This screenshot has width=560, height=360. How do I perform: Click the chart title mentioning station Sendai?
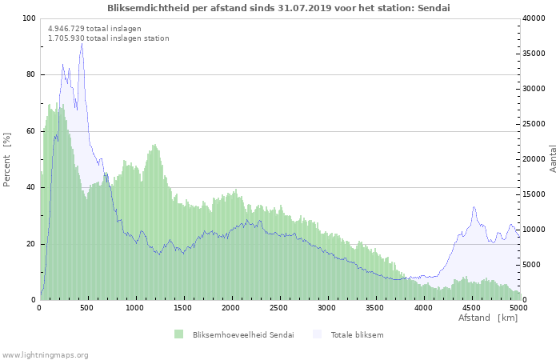tap(278, 8)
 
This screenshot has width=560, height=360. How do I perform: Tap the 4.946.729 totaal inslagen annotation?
tap(94, 29)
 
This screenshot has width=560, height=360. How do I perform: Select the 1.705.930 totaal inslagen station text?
tap(109, 38)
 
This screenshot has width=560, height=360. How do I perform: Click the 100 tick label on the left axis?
tap(29, 18)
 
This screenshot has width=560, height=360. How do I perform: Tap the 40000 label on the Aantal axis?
tap(534, 18)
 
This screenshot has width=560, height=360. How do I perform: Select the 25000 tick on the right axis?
tap(534, 124)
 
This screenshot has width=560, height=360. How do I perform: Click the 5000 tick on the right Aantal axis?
tap(531, 265)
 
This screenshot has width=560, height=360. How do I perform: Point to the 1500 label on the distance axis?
tap(183, 308)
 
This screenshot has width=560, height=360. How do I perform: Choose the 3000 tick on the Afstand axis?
tap(326, 308)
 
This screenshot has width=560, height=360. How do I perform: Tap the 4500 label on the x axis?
tap(471, 308)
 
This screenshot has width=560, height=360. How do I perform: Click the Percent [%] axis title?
tap(6, 160)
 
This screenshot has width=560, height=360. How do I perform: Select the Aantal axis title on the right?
tap(553, 159)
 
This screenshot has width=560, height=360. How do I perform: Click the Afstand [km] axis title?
tap(488, 318)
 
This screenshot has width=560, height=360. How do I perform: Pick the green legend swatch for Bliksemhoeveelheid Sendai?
tap(178, 334)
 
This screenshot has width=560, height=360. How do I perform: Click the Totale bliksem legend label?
tap(357, 335)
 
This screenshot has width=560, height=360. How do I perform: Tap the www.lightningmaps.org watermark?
tap(45, 355)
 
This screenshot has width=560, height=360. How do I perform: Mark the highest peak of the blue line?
tap(82, 43)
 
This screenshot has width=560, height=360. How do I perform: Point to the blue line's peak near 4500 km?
tap(474, 206)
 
